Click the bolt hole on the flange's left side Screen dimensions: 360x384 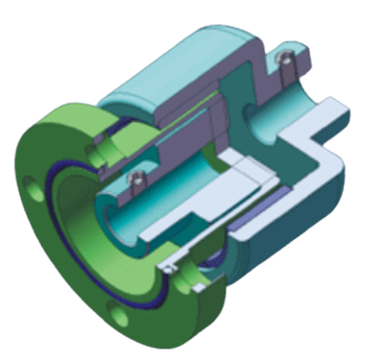point(36,191)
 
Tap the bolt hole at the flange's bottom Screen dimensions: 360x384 point(118,313)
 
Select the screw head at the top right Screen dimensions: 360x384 point(284,62)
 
